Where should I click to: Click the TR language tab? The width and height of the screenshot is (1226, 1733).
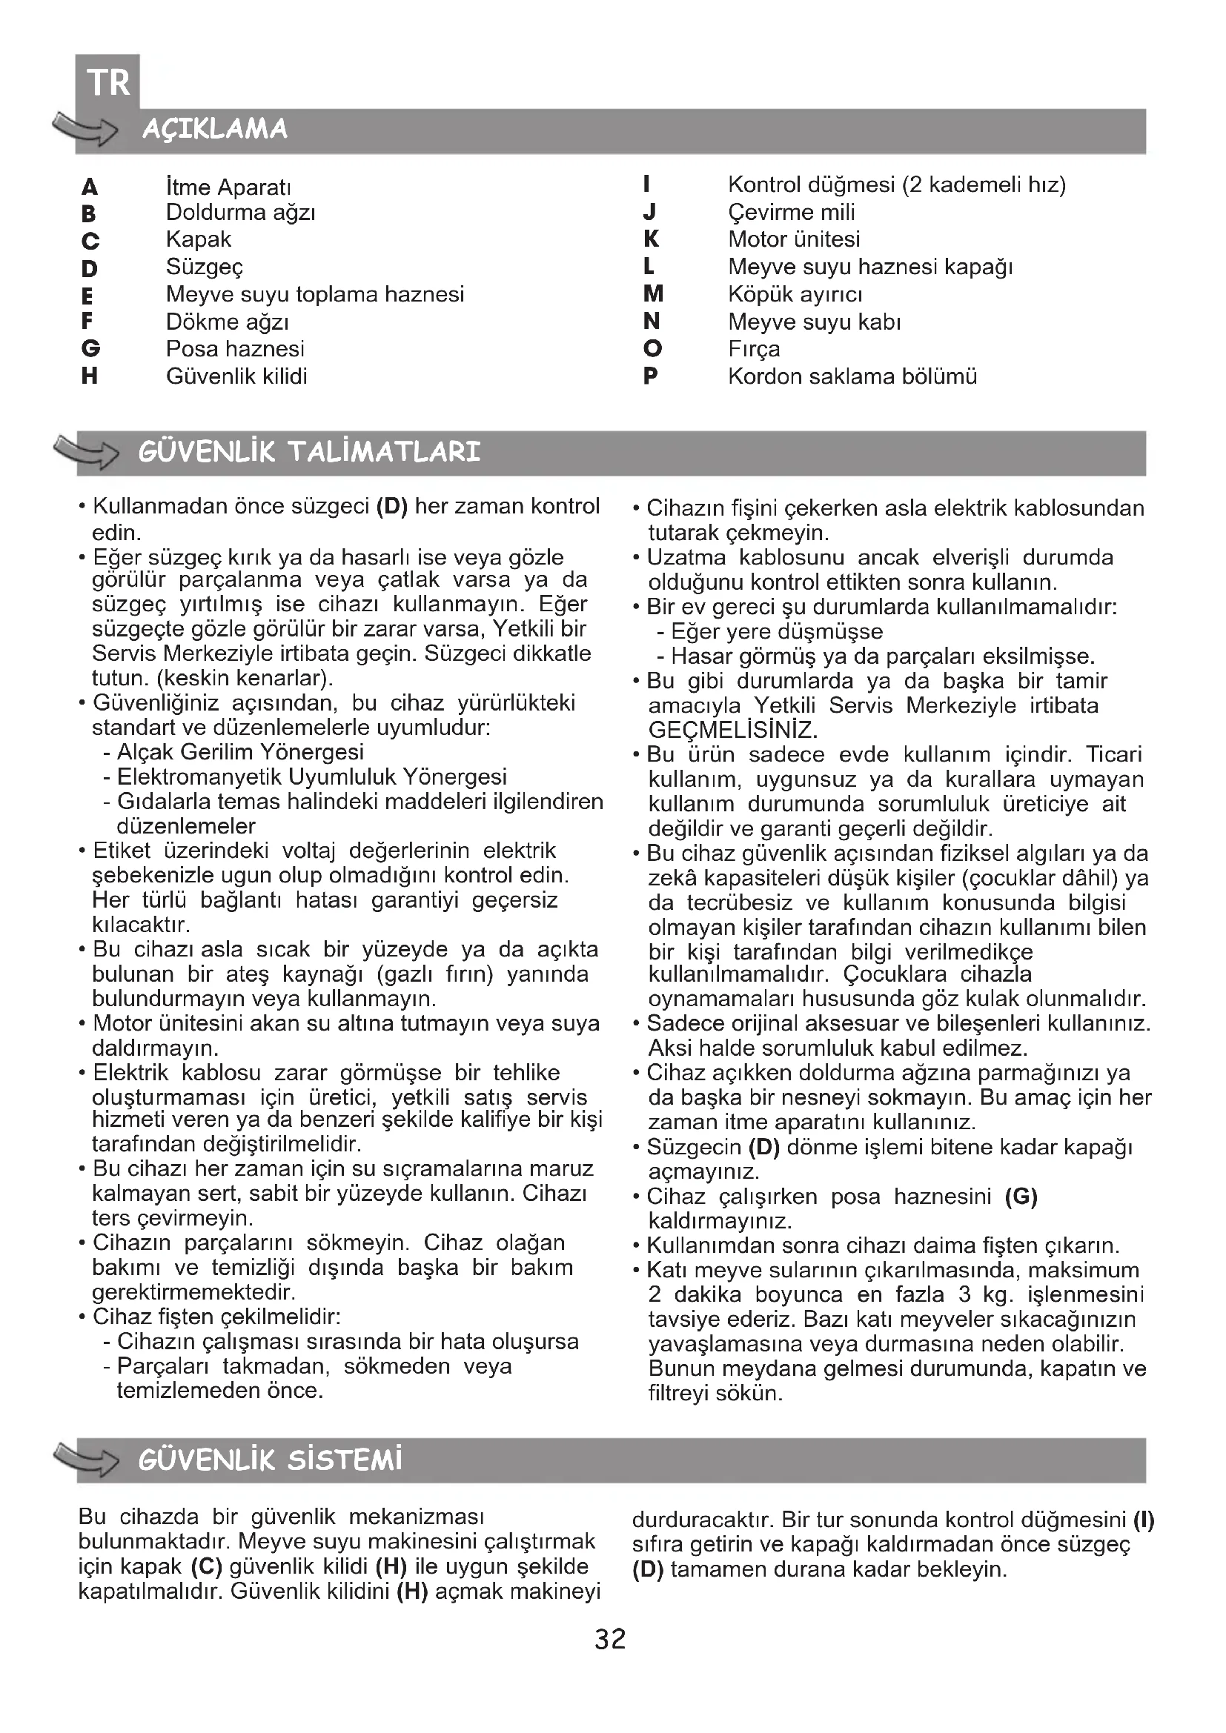(x=108, y=82)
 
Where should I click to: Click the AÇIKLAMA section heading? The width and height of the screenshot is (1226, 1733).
(x=215, y=129)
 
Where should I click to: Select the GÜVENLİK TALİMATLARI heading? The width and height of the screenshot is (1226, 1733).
(x=310, y=452)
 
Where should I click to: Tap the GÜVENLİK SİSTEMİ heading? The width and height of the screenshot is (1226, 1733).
(x=271, y=1460)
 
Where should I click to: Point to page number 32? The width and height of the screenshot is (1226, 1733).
(x=610, y=1639)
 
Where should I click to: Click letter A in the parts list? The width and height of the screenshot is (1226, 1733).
(x=90, y=187)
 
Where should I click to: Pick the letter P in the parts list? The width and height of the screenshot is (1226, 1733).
(x=651, y=376)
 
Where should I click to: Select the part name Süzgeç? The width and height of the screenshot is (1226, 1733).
(x=205, y=267)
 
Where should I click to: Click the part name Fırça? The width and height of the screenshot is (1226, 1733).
(x=754, y=349)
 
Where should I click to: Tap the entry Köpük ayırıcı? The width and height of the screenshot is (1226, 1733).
(x=795, y=293)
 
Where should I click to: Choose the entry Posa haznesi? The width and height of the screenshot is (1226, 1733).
(x=235, y=349)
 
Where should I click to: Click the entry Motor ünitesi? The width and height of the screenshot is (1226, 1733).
(x=794, y=239)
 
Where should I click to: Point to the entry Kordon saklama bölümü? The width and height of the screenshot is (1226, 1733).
(x=852, y=376)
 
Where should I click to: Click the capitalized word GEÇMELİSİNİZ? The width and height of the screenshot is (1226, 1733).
(x=732, y=730)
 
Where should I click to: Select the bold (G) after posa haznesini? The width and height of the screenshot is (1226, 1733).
(x=1021, y=1197)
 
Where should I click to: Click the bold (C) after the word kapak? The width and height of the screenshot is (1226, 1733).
(x=206, y=1566)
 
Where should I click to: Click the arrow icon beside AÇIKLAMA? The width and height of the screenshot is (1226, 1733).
(x=85, y=127)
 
